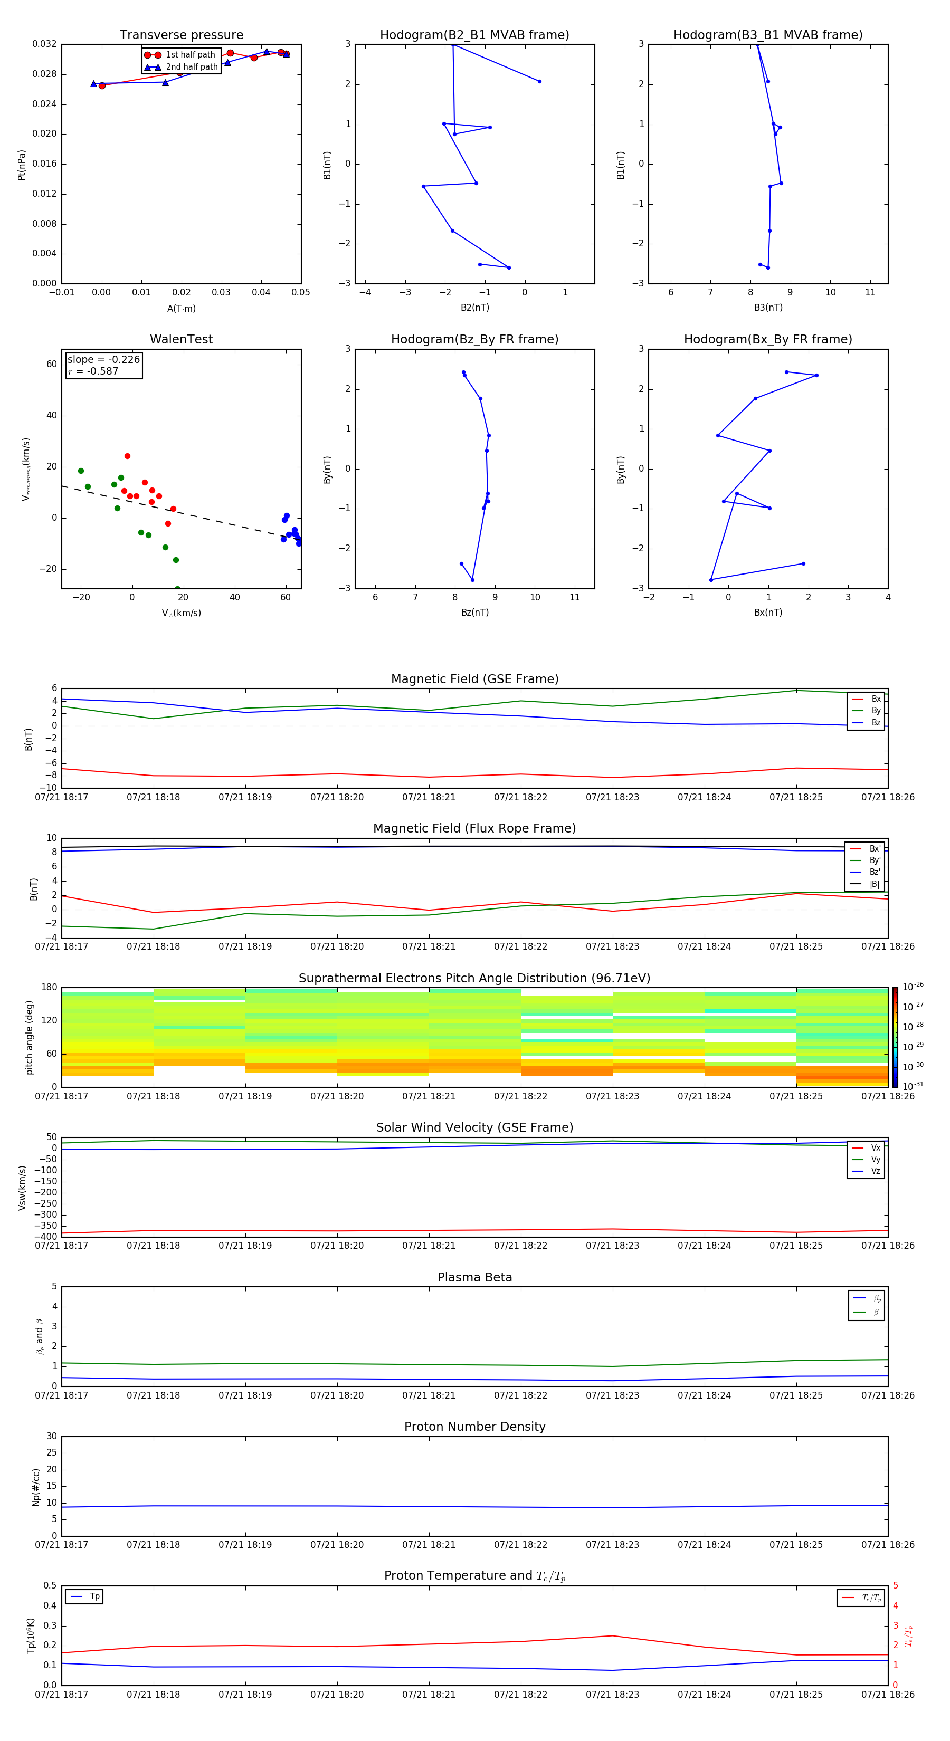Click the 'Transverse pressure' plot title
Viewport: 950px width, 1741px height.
click(x=181, y=35)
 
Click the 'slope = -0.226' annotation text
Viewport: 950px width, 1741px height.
click(x=103, y=360)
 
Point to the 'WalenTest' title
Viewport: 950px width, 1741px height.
click(x=181, y=339)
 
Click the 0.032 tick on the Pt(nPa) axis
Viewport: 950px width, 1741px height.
click(x=45, y=45)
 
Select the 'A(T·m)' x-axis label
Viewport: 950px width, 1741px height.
click(x=181, y=309)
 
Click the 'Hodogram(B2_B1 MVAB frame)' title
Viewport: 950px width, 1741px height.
click(x=474, y=35)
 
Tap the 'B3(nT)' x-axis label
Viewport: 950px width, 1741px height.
click(x=768, y=308)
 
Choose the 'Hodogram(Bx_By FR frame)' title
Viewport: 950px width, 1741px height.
click(x=767, y=339)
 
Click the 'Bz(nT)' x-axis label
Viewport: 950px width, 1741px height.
click(x=474, y=613)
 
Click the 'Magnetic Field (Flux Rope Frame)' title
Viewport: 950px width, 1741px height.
click(x=474, y=829)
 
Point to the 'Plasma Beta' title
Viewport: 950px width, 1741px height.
click(x=474, y=1277)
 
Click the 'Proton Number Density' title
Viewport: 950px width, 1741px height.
click(x=474, y=1427)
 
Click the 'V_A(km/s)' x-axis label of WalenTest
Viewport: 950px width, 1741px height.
click(x=181, y=613)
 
